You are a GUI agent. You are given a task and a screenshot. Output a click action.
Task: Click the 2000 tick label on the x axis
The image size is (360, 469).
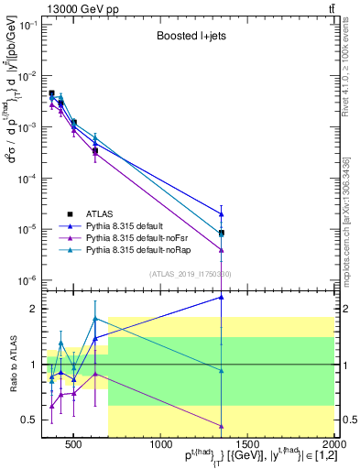tap(334, 445)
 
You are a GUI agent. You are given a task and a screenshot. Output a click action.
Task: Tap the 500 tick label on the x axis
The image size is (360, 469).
tap(74, 445)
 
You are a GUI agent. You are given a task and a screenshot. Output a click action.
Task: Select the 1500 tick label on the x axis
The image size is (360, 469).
tap(247, 445)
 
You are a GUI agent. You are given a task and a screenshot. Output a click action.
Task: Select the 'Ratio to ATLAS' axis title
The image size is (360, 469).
tap(12, 364)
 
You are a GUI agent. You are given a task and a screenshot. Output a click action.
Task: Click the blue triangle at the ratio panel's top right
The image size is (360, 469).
tap(222, 297)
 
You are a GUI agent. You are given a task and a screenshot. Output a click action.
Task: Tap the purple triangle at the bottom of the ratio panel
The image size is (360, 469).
tap(222, 425)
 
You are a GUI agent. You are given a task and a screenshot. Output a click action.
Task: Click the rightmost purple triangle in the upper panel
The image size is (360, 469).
tap(222, 249)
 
